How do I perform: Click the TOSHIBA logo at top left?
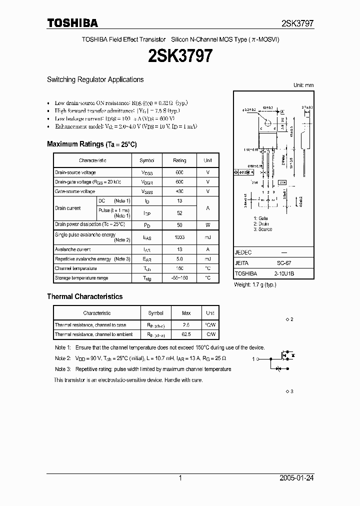click(x=72, y=23)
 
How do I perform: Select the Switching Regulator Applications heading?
click(x=95, y=79)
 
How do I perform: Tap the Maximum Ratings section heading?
click(x=91, y=144)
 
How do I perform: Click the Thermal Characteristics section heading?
click(x=84, y=296)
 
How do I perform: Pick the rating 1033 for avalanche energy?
click(x=179, y=237)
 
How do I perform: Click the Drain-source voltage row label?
click(x=75, y=172)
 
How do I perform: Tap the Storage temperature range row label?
click(x=81, y=278)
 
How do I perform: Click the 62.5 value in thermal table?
click(x=186, y=334)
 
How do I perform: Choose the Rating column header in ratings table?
click(x=179, y=160)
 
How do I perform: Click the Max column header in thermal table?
click(x=186, y=313)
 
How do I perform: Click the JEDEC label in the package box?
click(x=243, y=253)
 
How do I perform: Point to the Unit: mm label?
click(x=303, y=85)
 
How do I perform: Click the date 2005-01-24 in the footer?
click(x=297, y=478)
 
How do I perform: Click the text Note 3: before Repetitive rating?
click(x=63, y=369)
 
